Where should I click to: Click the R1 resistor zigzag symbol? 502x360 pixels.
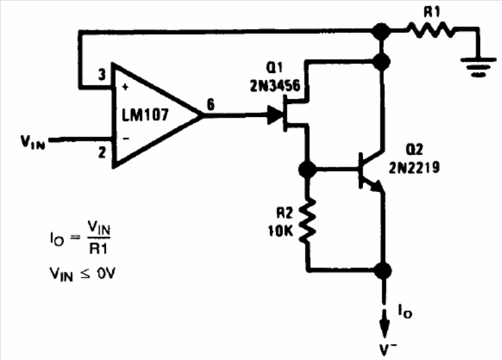[432, 30]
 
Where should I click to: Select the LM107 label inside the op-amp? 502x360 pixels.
[145, 114]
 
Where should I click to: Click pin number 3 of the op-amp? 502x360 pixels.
[101, 74]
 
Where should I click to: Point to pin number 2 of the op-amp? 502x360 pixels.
[102, 153]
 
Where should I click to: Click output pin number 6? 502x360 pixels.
[211, 105]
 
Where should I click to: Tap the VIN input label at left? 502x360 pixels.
[33, 142]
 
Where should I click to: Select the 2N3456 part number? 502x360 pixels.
[275, 85]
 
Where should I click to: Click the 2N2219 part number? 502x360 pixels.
[414, 167]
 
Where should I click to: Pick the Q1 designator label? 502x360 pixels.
[275, 68]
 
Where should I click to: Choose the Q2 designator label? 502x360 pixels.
[414, 149]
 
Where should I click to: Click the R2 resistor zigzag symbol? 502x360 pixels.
[308, 220]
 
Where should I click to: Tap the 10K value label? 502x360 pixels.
[280, 230]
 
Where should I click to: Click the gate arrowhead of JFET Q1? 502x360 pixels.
[275, 114]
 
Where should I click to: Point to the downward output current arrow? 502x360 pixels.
[384, 324]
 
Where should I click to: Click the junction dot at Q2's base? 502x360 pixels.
[308, 169]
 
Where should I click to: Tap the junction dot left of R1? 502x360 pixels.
[381, 32]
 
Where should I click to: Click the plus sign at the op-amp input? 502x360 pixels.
[125, 87]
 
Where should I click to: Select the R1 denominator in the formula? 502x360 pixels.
[99, 248]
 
